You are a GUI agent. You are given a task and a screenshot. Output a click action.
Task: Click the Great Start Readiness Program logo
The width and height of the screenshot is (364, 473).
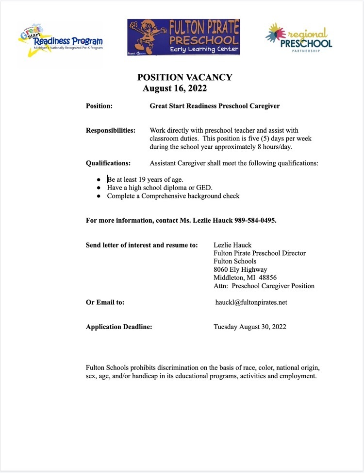tap(60, 39)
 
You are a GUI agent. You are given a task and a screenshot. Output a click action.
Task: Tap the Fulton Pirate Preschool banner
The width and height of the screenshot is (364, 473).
tap(183, 37)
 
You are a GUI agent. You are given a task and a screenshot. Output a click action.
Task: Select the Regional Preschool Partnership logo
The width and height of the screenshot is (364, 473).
tap(299, 37)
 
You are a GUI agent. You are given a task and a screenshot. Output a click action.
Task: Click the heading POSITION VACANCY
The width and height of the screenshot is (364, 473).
tap(184, 77)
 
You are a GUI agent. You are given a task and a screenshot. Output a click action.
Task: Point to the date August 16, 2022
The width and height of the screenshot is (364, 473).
tap(175, 88)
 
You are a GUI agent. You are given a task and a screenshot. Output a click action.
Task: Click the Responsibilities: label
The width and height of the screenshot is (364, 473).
tap(111, 130)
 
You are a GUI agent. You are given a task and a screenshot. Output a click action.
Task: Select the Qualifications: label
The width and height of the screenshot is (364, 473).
tap(108, 163)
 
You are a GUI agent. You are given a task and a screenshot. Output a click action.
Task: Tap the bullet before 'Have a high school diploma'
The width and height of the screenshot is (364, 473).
tap(99, 188)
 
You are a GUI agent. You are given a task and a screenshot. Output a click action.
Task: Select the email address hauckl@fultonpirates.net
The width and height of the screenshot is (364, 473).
tap(251, 302)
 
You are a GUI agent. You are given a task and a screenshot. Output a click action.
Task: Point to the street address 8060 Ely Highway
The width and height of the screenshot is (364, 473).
tap(240, 269)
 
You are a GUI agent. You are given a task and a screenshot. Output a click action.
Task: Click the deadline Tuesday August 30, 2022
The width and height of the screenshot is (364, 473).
tap(249, 327)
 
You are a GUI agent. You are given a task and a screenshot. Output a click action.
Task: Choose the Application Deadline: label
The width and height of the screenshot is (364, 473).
tap(119, 327)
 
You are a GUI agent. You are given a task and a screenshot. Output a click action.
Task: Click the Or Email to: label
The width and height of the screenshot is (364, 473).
tap(105, 302)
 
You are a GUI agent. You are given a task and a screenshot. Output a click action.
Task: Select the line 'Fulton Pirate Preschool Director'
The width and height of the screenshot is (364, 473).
tap(260, 253)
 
